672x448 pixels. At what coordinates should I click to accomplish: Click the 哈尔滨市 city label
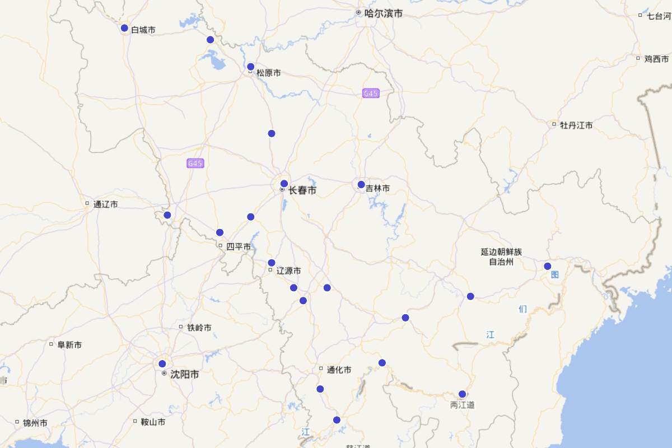click(383, 13)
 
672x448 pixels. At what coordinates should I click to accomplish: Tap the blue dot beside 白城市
click(125, 28)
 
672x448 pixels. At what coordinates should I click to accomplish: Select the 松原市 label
click(268, 73)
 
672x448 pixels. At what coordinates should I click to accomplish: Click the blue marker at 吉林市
click(361, 184)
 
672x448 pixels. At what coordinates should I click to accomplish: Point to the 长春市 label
click(302, 190)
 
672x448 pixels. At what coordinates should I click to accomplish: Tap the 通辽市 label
click(105, 204)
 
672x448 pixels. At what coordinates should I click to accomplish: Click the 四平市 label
click(238, 246)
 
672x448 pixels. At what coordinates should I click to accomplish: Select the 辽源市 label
click(288, 270)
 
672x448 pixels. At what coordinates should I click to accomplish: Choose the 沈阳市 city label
click(184, 374)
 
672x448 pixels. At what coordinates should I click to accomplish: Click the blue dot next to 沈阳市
click(162, 363)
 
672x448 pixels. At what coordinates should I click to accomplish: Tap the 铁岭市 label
click(199, 328)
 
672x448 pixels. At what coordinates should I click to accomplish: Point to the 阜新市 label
click(69, 345)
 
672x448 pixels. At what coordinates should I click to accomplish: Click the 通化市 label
click(339, 370)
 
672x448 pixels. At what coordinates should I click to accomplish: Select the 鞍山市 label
click(153, 422)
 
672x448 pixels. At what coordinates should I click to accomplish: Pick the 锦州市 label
click(35, 423)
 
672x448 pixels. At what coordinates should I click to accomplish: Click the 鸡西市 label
click(656, 59)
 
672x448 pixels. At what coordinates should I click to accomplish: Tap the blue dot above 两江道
click(462, 394)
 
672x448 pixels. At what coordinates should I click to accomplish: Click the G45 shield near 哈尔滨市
click(371, 94)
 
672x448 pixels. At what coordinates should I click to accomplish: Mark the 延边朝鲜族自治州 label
click(501, 256)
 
